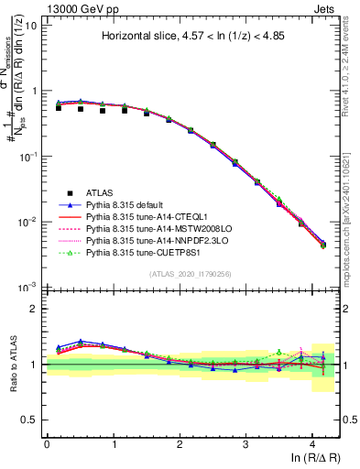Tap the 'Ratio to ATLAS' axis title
pyautogui.click(x=12, y=364)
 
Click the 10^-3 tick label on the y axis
pyautogui.click(x=27, y=288)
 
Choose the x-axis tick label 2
pyautogui.click(x=180, y=443)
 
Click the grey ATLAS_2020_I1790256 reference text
pyautogui.click(x=190, y=274)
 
